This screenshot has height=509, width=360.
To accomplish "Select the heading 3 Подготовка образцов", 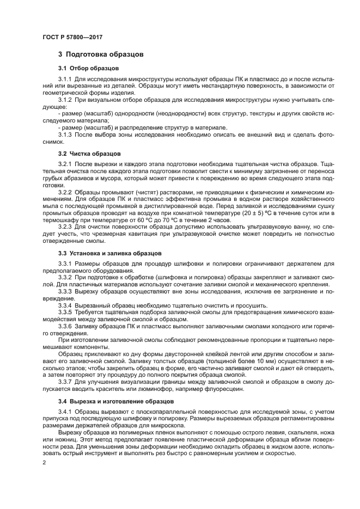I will [101, 54].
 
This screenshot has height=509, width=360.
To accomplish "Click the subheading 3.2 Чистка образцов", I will [89, 154].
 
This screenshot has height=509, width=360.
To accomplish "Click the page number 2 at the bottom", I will [44, 462].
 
